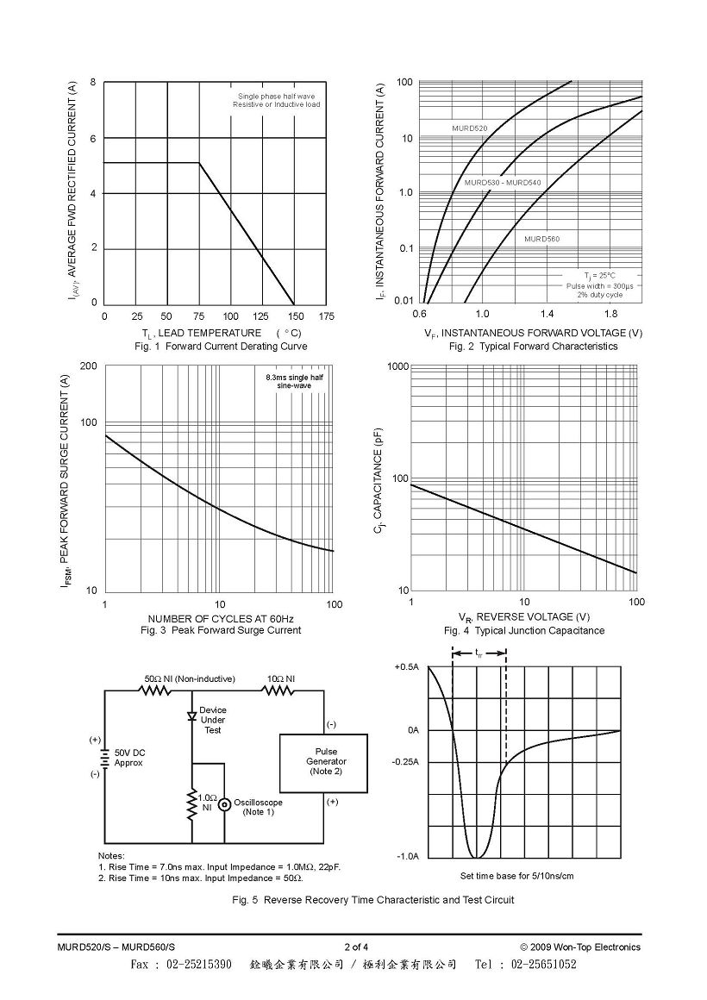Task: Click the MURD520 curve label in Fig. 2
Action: pos(470,128)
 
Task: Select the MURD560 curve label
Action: pos(541,239)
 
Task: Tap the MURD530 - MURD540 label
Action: pos(503,183)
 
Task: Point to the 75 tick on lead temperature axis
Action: pos(198,316)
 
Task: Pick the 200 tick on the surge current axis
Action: pos(89,366)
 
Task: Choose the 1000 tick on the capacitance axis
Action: pos(398,366)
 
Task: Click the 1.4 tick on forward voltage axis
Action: pos(547,314)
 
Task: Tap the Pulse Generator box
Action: pos(323,764)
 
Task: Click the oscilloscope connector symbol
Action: pos(225,805)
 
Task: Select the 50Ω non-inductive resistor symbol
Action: pos(154,690)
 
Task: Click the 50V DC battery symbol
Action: pos(103,758)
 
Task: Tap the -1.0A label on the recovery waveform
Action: pos(406,857)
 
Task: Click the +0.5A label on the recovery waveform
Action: pos(406,667)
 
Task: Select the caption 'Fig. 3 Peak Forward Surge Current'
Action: pos(221,630)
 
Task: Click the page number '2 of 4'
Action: pos(356,947)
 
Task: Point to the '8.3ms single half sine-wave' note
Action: pos(294,381)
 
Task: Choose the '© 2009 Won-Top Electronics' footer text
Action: pos(580,947)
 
